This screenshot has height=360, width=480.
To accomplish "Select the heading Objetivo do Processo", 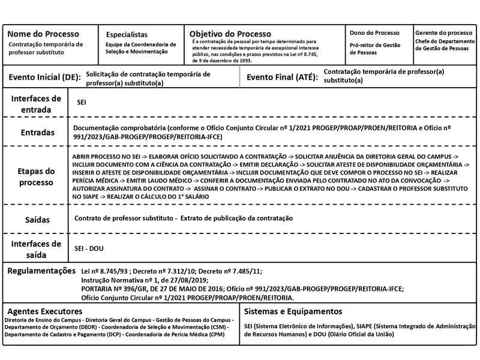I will tap(230, 34).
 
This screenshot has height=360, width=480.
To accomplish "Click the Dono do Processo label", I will tap(374, 33).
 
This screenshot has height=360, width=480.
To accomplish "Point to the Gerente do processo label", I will tap(443, 32).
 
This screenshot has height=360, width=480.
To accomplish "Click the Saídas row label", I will tap(37, 220).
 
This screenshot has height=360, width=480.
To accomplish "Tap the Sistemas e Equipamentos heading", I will tap(293, 312).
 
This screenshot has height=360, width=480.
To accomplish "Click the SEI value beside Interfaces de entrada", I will tap(82, 103).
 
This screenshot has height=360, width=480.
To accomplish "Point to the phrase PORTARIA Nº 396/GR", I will tap(115, 289).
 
